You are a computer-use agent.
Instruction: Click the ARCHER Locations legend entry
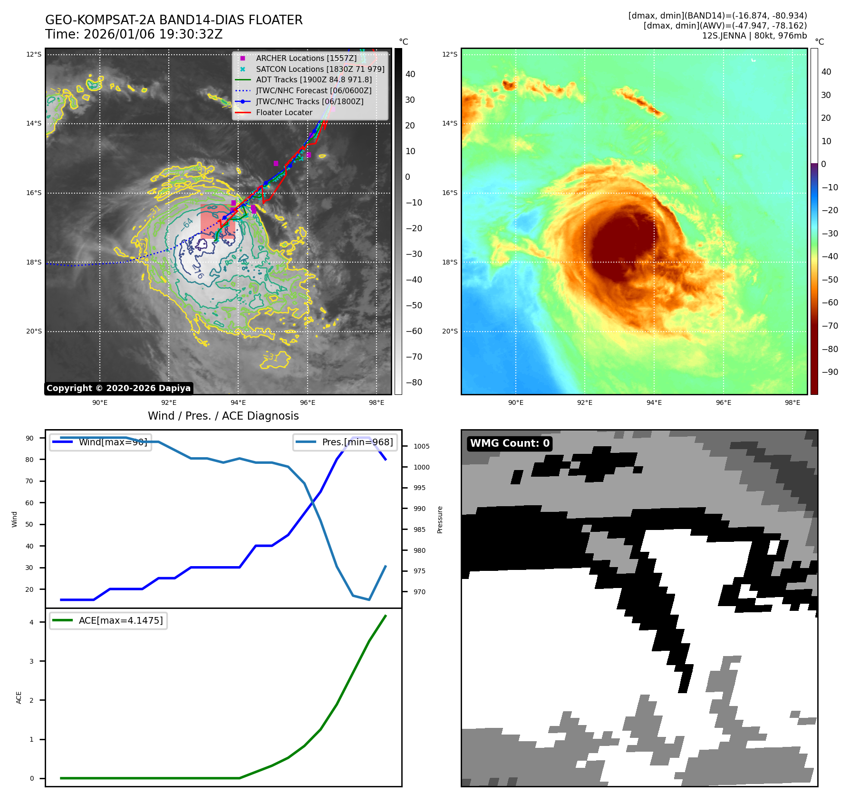pyautogui.click(x=306, y=58)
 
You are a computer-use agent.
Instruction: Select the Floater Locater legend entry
pyautogui.click(x=284, y=112)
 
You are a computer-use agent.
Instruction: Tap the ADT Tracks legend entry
pyautogui.click(x=314, y=79)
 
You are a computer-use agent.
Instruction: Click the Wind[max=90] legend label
pyautogui.click(x=113, y=442)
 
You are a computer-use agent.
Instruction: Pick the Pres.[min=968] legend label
pyautogui.click(x=357, y=442)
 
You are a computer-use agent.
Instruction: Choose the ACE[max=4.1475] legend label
pyautogui.click(x=121, y=620)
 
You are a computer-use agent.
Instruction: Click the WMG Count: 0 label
pyautogui.click(x=510, y=443)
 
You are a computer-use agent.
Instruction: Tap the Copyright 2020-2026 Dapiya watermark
pyautogui.click(x=118, y=388)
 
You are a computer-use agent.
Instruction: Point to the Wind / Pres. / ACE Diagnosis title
pyautogui.click(x=223, y=416)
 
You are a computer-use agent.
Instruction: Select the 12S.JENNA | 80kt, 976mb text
pyautogui.click(x=754, y=36)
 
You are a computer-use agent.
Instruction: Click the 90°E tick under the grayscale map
pyautogui.click(x=100, y=402)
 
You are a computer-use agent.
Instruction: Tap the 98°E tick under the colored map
pyautogui.click(x=792, y=402)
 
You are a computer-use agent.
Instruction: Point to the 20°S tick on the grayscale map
pyautogui.click(x=34, y=331)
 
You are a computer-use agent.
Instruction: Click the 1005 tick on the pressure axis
pyautogui.click(x=421, y=446)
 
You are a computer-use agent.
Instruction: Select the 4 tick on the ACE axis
pyautogui.click(x=32, y=622)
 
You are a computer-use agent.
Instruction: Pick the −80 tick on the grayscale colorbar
pyautogui.click(x=414, y=382)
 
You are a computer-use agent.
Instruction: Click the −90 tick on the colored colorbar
pyautogui.click(x=830, y=372)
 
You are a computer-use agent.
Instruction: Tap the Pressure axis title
pyautogui.click(x=440, y=520)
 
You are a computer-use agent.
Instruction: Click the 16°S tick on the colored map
pyautogui.click(x=450, y=193)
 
